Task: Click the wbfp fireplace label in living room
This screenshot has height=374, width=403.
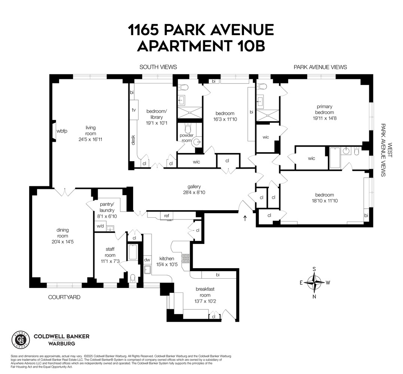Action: click(62, 131)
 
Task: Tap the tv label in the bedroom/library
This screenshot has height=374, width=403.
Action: click(133, 110)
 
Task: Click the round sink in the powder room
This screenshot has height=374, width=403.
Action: click(196, 142)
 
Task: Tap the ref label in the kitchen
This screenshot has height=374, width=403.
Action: click(166, 215)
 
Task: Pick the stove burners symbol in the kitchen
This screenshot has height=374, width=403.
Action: click(186, 258)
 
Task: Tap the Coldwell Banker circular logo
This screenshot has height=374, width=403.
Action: click(21, 339)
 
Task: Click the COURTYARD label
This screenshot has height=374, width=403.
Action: click(64, 297)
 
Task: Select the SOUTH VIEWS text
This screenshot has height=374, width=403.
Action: click(158, 67)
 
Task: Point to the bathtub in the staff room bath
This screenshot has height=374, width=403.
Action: click(133, 253)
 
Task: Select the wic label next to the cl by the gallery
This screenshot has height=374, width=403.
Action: click(196, 162)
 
